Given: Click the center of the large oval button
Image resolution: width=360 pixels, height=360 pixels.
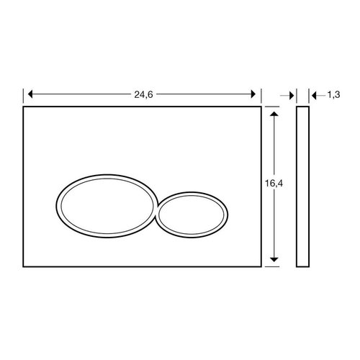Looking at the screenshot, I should (x=104, y=204).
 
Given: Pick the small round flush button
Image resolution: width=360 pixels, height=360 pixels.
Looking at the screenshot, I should (x=194, y=214).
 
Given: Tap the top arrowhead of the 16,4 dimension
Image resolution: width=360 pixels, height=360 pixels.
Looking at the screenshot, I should (x=274, y=112).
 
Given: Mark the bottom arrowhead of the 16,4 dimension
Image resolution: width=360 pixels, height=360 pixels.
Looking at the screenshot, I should (x=274, y=262).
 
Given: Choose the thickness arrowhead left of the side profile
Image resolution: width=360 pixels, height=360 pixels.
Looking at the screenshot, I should (x=292, y=94).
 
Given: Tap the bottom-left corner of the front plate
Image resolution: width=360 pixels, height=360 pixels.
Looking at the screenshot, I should (x=24, y=266).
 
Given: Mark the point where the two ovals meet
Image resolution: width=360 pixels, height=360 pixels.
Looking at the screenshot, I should (x=156, y=210).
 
